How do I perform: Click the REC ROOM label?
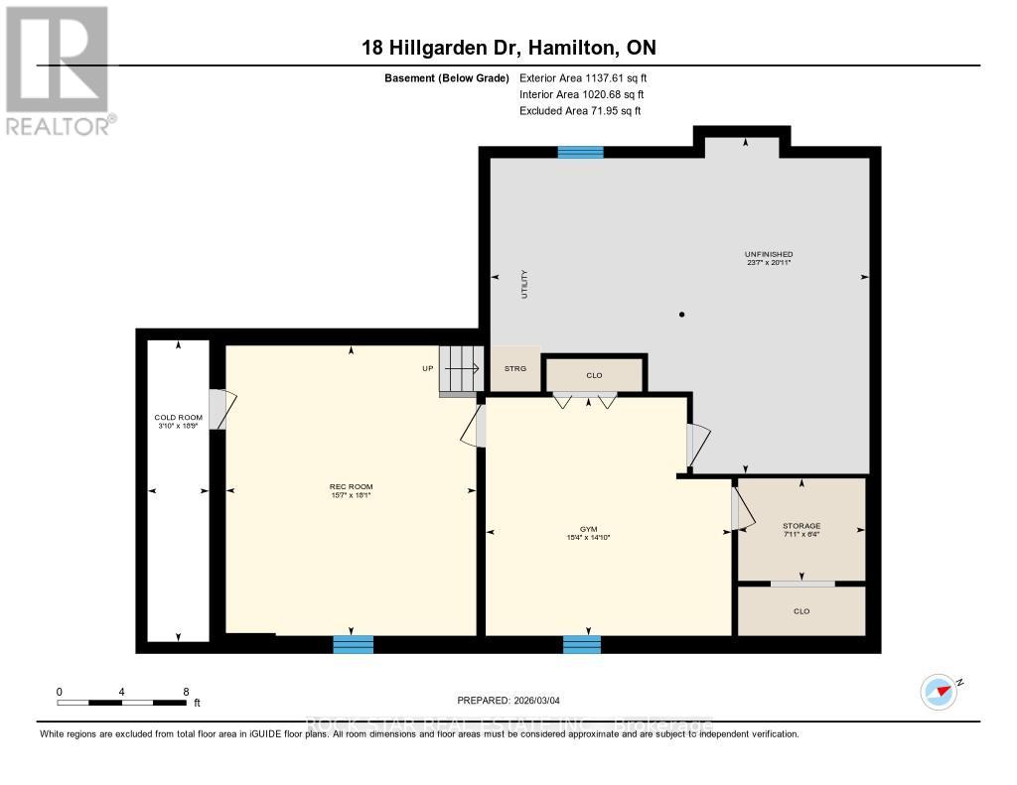(351, 486)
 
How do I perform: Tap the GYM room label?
(589, 530)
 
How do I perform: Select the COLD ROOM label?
(178, 418)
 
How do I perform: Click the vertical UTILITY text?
(525, 285)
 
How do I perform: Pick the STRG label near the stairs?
(514, 368)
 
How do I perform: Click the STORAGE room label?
(800, 526)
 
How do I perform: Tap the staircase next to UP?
(461, 369)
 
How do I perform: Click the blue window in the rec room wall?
(353, 645)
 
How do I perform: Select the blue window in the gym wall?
(582, 645)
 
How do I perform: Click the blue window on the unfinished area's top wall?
(580, 152)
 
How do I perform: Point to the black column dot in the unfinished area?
(681, 315)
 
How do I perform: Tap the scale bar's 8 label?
(186, 691)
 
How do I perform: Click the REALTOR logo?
(57, 70)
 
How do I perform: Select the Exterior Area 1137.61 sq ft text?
(583, 77)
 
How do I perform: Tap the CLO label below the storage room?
(801, 611)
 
